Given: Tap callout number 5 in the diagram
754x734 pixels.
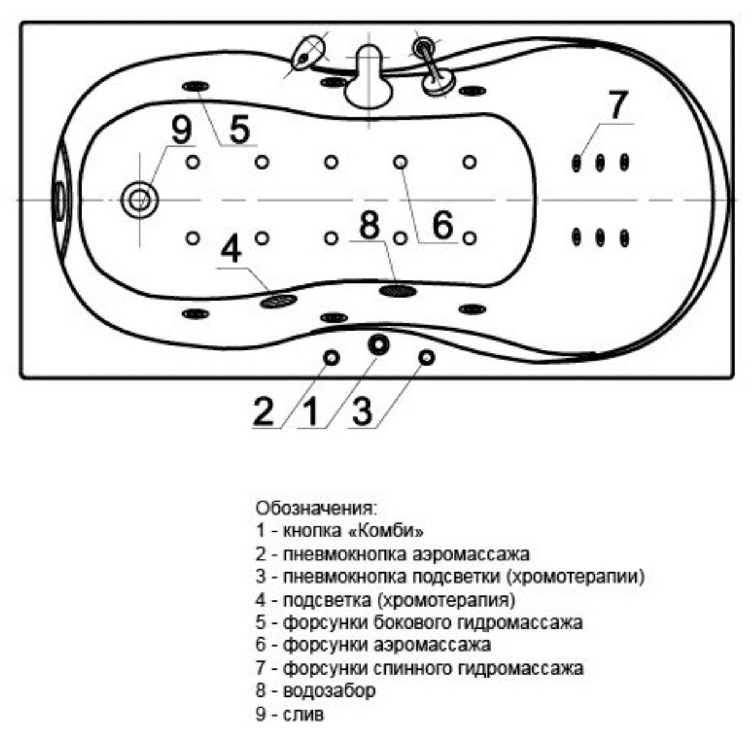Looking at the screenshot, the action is coord(240,129).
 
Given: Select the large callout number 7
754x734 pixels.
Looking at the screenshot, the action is coord(617,105).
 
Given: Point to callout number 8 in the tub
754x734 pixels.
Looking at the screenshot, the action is coord(370,225).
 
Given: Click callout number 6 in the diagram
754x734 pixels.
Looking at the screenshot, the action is coord(443,225).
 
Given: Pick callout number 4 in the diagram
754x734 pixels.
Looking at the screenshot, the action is coord(231,250).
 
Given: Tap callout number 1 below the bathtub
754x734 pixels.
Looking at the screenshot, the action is coord(310,411).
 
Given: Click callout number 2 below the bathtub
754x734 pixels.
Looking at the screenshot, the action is coord(263,411).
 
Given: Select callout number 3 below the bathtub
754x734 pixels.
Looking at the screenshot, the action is coord(362,411).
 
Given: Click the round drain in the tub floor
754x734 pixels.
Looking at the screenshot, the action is coord(139,200).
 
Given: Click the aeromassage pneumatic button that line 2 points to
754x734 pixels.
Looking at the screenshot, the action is coord(331,358).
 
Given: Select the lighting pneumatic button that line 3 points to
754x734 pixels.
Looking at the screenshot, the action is coord(427,358).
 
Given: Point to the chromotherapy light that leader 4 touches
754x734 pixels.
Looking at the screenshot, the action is coord(278,301).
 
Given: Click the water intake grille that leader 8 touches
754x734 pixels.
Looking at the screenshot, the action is coord(398,290).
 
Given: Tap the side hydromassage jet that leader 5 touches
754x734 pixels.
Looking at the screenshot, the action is coord(195,87).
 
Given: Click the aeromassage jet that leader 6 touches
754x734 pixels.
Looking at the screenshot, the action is coord(400,162).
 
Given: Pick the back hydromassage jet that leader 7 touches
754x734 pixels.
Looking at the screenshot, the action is coord(577,163).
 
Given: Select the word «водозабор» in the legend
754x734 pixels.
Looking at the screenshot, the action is coord(329,691).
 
